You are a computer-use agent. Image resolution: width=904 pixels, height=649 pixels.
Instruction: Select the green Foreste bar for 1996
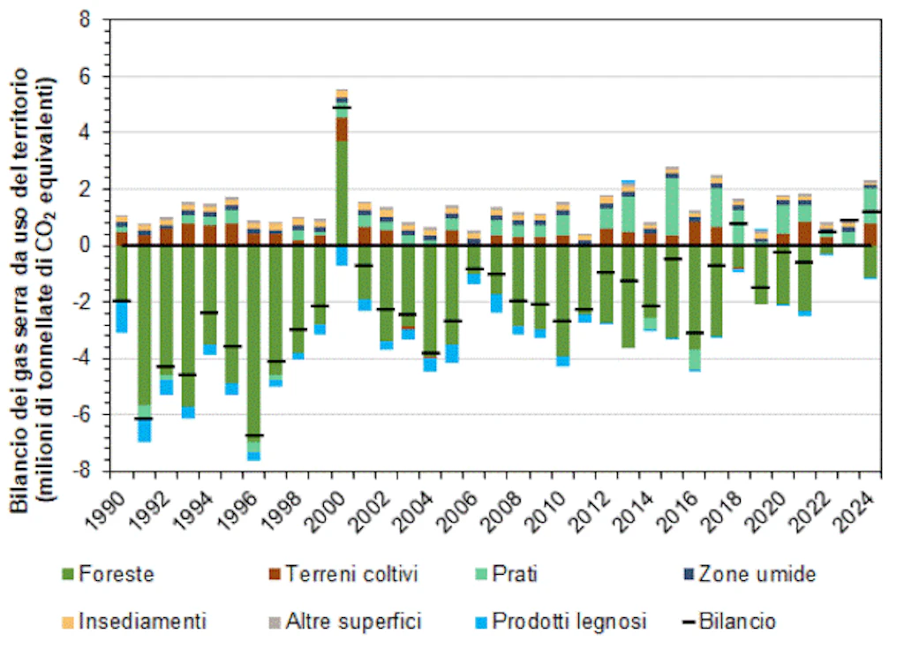(x=253, y=344)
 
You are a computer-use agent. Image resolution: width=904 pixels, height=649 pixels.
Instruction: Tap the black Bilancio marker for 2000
(x=341, y=108)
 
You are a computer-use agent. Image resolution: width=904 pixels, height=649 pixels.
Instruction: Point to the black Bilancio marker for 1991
(x=144, y=419)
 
